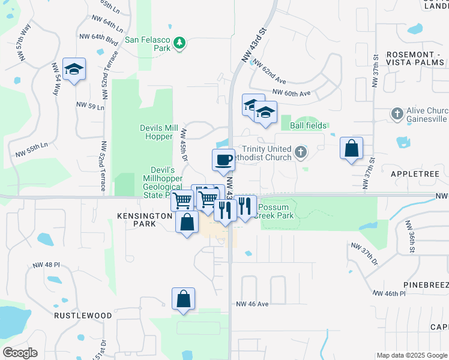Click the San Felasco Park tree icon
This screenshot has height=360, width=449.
pos(179,43)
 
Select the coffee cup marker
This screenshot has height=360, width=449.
pos(223,160)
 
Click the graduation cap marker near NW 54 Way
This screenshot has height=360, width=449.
pos(74,70)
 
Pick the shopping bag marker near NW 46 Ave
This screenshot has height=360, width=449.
pos(183,299)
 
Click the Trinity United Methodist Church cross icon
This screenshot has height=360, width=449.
pos(301,153)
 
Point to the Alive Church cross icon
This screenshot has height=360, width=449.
pos(397,113)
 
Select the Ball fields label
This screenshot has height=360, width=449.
pos(308,125)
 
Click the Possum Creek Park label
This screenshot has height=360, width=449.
pos(276,211)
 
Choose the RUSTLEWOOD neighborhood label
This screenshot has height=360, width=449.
pos(83,315)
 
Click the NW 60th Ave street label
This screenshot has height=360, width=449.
pos(291,93)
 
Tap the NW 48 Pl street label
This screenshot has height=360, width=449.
pos(44,264)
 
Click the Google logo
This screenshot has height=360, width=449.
pos(20,353)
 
